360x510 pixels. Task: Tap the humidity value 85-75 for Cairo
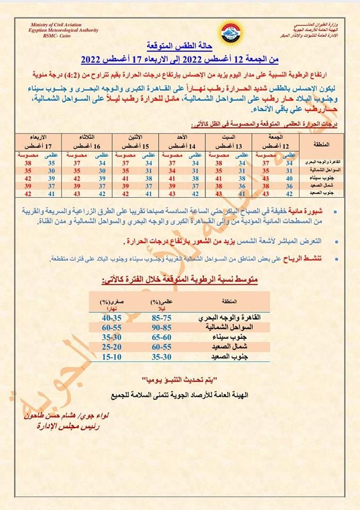162,317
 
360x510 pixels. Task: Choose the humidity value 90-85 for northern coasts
162,327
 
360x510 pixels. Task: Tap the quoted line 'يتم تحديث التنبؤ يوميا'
181,380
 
